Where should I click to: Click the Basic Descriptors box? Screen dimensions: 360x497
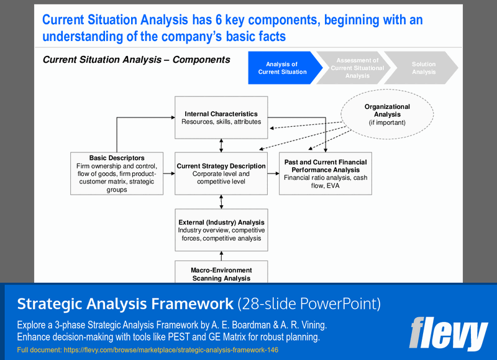(x=117, y=173)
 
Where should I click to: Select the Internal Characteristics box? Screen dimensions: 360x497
(x=221, y=118)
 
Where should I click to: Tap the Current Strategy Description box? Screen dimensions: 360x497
(x=221, y=173)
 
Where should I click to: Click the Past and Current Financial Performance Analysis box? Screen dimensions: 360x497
(x=326, y=173)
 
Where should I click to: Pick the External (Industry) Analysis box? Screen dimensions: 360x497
(x=221, y=229)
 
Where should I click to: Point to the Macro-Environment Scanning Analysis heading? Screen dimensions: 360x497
(x=221, y=274)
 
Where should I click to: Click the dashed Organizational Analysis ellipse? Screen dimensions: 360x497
(x=387, y=115)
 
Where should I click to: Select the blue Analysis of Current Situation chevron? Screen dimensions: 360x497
(x=283, y=68)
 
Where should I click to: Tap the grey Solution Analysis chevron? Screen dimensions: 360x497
(x=423, y=68)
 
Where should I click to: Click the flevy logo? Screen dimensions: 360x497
(x=448, y=335)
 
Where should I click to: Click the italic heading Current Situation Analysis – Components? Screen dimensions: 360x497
(x=136, y=60)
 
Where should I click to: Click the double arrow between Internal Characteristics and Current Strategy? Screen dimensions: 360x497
(x=221, y=145)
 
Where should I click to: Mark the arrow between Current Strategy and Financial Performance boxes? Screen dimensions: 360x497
(x=273, y=173)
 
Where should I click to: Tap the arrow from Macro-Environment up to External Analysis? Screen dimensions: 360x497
(x=221, y=256)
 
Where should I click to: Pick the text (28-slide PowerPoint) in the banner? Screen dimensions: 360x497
(x=309, y=304)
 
